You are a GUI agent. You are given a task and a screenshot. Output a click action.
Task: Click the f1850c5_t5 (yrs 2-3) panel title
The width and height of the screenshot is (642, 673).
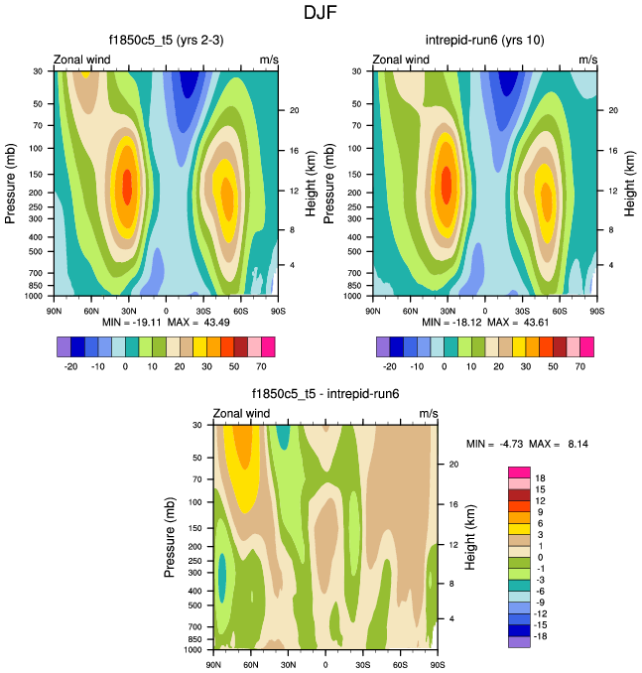point(166,41)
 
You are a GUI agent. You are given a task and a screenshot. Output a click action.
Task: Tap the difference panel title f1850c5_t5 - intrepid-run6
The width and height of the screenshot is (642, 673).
point(325,394)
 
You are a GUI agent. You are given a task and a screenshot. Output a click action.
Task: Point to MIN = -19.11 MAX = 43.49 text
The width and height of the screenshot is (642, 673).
point(167,324)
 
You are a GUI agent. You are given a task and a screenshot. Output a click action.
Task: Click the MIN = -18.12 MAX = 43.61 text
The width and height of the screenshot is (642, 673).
point(485,324)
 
